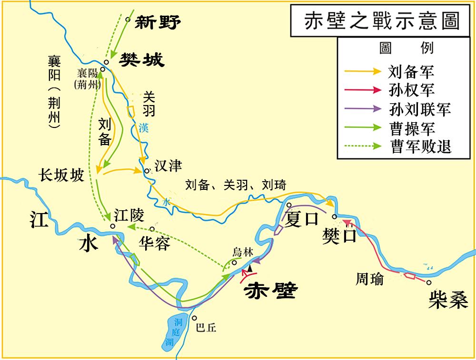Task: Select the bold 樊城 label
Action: click(141, 60)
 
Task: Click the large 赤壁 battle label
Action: click(269, 290)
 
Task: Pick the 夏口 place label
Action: click(301, 220)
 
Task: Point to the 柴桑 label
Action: click(448, 300)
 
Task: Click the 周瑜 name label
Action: click(369, 280)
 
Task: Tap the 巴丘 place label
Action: click(206, 328)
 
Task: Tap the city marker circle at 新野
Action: click(127, 20)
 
